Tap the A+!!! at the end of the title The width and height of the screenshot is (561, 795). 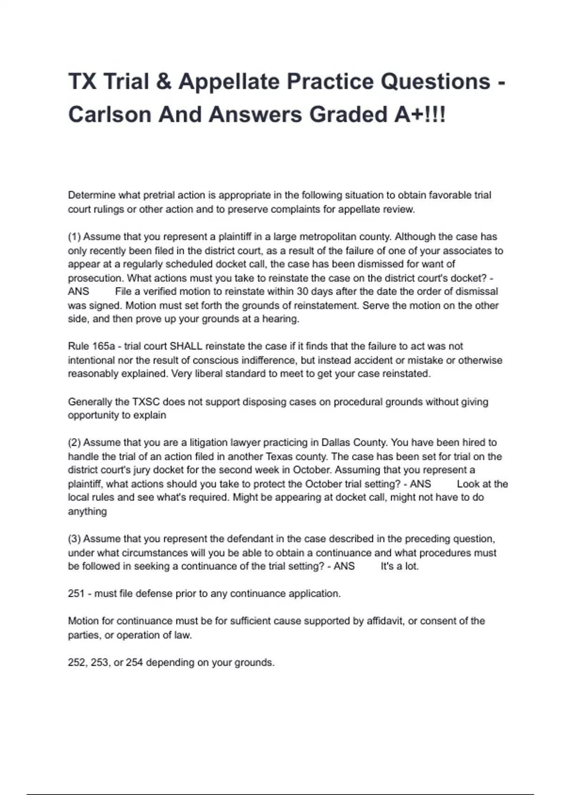pyautogui.click(x=419, y=115)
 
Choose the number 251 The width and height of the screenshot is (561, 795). pyautogui.click(x=76, y=593)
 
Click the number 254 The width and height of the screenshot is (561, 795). pyautogui.click(x=134, y=662)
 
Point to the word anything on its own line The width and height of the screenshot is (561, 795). pyautogui.click(x=87, y=511)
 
